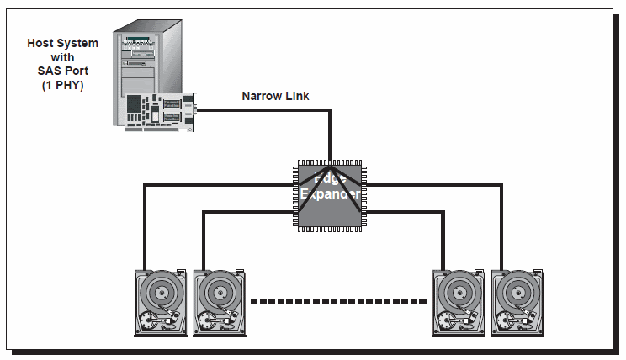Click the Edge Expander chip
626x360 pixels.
click(x=331, y=195)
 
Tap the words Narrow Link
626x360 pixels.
click(x=275, y=96)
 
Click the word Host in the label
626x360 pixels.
click(x=43, y=43)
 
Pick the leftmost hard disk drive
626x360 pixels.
click(x=162, y=303)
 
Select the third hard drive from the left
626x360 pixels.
click(x=459, y=303)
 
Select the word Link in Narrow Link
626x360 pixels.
click(x=297, y=96)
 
